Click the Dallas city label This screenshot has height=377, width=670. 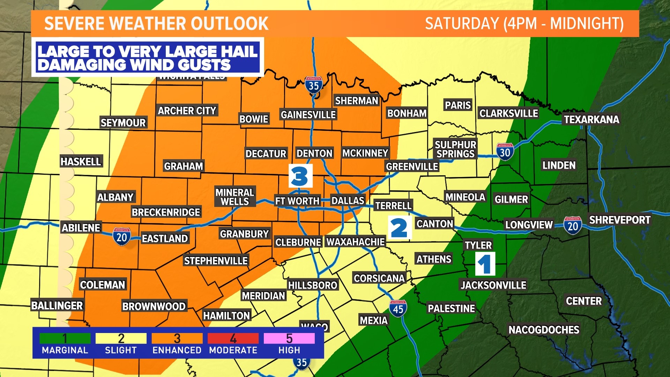click(x=348, y=201)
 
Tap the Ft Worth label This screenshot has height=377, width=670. click(x=297, y=201)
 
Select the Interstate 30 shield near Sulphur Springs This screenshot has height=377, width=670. click(x=505, y=152)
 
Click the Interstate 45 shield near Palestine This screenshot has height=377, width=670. click(x=398, y=309)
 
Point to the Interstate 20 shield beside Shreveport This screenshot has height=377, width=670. click(x=573, y=226)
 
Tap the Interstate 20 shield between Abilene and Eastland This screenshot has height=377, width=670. click(x=121, y=237)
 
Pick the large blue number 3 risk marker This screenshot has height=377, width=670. click(x=300, y=176)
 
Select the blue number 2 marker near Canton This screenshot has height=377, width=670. click(x=400, y=228)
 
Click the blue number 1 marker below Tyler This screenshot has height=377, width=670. click(x=485, y=264)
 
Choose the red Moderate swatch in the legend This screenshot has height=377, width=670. click(x=233, y=338)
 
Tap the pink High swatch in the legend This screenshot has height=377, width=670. click(x=289, y=338)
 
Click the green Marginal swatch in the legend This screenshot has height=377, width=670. click(x=65, y=338)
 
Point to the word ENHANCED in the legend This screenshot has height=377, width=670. click(x=177, y=350)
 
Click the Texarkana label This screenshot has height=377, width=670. click(x=591, y=120)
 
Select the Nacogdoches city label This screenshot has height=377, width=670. click(x=544, y=330)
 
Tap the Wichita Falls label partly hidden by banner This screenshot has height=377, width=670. click(x=192, y=77)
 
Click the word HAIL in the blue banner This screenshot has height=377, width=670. click(x=236, y=52)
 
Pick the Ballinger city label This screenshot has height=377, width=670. click(x=57, y=306)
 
